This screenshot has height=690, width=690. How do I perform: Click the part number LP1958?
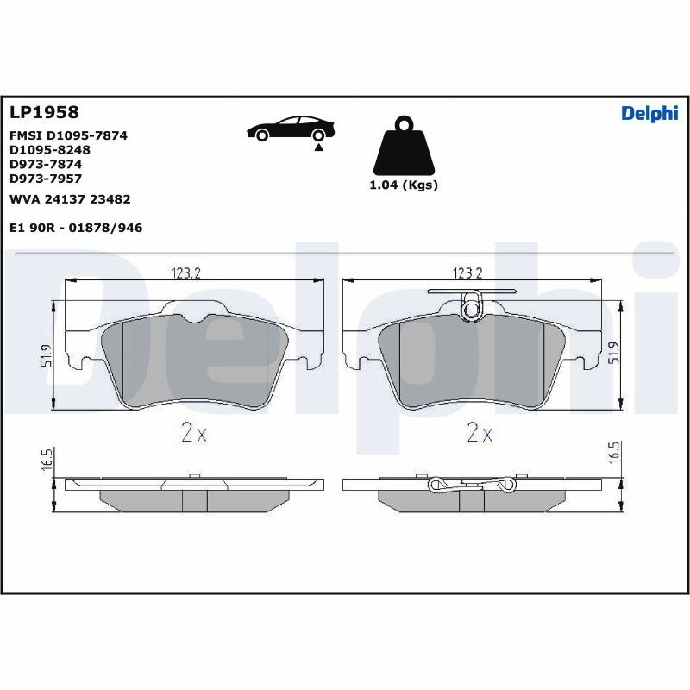(44, 112)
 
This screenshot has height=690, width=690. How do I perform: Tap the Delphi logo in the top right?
(649, 114)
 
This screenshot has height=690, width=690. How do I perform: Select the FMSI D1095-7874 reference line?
(68, 135)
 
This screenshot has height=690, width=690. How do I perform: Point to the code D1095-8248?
(50, 149)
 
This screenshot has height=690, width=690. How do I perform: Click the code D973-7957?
(46, 179)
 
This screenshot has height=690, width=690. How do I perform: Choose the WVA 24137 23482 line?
(70, 199)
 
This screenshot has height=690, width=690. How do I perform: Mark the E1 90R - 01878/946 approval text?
(76, 228)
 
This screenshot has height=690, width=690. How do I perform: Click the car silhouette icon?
(291, 129)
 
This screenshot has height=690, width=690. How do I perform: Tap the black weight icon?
(404, 146)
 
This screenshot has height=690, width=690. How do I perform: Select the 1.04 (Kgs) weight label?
(404, 185)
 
